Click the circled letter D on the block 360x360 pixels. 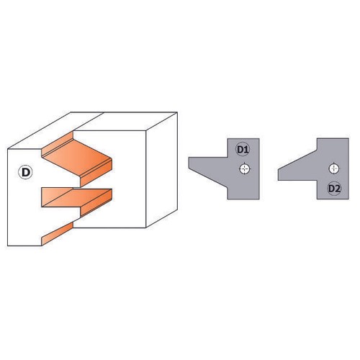point(25,172)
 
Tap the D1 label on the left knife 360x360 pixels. point(243,149)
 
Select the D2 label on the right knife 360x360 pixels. point(334,189)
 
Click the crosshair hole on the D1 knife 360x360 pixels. point(245,168)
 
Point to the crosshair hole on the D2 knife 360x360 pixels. point(334,168)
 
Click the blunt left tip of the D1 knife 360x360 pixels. point(189,163)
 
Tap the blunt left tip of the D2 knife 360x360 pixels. point(279,175)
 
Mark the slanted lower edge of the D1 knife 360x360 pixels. point(208,179)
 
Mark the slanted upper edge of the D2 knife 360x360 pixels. point(297,160)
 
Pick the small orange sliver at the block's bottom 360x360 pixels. point(58,233)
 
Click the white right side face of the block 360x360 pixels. point(161,170)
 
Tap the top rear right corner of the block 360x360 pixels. point(177,112)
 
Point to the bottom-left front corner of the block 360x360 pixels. point(8,246)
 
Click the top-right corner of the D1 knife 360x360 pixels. point(259,138)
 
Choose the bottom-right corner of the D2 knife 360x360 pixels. point(348,199)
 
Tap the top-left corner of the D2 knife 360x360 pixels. point(317,138)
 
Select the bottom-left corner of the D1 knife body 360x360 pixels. point(228,199)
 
